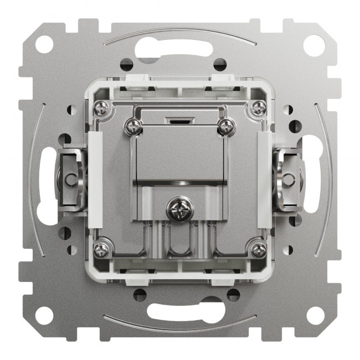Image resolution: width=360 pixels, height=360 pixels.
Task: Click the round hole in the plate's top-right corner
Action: pos(313,44)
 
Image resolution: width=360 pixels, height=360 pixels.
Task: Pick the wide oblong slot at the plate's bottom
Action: pos(179,307)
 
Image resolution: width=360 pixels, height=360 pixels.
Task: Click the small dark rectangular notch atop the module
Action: pos(179,119)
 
